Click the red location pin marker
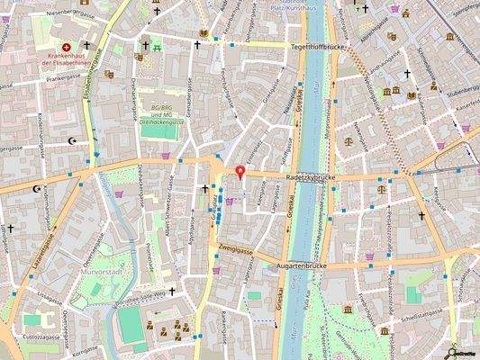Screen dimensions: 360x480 (x=240, y=172)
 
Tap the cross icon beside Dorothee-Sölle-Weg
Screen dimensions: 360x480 (x=171, y=291)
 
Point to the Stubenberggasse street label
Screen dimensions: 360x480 (x=455, y=90)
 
